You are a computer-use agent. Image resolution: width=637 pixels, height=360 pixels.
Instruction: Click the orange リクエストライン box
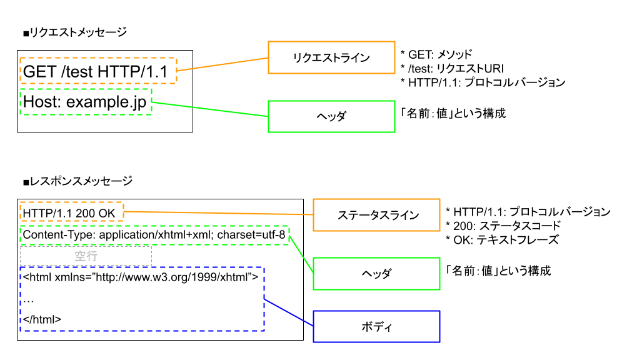(331, 57)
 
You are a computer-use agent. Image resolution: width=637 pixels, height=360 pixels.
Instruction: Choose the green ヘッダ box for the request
(331, 116)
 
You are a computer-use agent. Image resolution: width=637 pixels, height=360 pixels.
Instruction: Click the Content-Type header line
(154, 236)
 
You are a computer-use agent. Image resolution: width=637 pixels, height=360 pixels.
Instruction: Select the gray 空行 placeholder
(86, 256)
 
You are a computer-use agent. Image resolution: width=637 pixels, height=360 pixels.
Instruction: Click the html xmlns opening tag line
(141, 276)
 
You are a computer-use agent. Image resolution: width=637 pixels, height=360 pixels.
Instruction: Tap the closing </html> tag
(42, 319)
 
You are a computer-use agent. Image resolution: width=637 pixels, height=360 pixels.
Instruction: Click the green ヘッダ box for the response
(376, 274)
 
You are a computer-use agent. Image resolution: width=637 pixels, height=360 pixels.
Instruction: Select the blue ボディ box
(376, 327)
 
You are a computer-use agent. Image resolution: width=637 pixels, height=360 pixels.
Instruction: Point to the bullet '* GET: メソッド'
(436, 54)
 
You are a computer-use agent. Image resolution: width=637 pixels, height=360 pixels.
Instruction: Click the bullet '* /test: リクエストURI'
(452, 68)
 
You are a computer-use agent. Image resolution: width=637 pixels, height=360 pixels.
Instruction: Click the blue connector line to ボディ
(288, 312)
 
